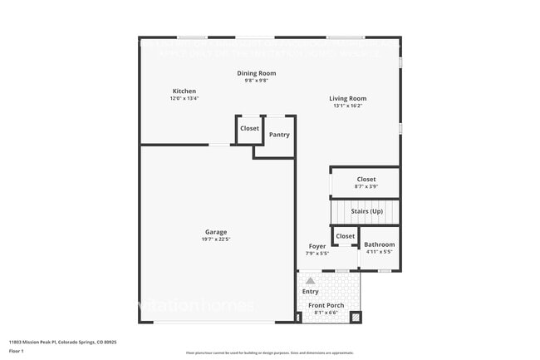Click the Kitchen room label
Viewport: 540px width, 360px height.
[x=184, y=91]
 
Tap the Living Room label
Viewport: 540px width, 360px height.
[x=347, y=98]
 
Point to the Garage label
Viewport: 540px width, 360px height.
[x=216, y=232]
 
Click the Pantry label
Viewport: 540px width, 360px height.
[x=279, y=134]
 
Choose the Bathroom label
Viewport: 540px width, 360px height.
[x=380, y=244]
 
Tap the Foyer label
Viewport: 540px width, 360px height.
[x=317, y=246]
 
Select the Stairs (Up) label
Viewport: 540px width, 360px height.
[x=366, y=211]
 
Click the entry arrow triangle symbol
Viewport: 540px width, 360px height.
[x=310, y=281]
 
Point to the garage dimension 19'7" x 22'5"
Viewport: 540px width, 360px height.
[x=216, y=239]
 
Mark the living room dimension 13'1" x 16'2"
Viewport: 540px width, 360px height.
[x=347, y=106]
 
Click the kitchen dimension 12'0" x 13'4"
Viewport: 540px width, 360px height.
[x=184, y=98]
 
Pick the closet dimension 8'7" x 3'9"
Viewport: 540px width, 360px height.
[x=366, y=186]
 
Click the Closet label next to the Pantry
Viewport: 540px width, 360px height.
[x=249, y=128]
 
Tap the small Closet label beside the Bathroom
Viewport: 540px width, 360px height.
[x=345, y=237]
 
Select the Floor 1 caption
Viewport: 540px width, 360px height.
[x=17, y=351]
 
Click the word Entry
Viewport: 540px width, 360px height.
[x=310, y=291]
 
